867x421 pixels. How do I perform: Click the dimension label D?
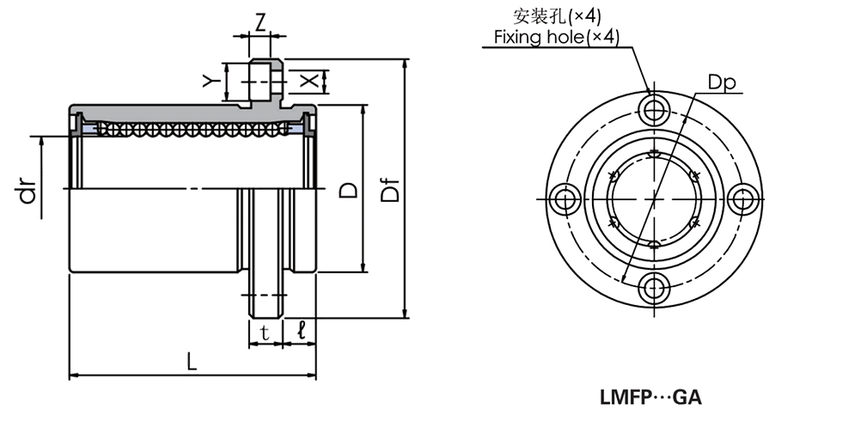click(x=347, y=190)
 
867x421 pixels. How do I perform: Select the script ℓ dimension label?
click(x=301, y=330)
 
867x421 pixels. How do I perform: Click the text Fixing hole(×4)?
click(x=556, y=37)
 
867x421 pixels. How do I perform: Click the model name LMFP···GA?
click(x=650, y=398)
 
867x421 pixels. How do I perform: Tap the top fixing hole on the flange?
click(x=656, y=110)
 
